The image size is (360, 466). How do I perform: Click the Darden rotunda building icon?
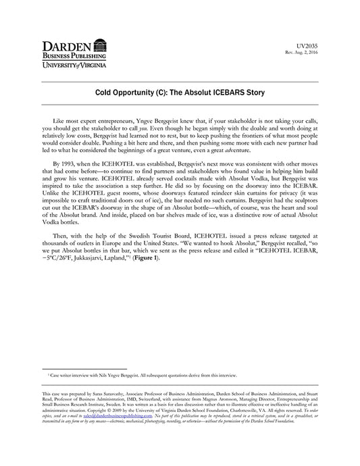tap(100, 46)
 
